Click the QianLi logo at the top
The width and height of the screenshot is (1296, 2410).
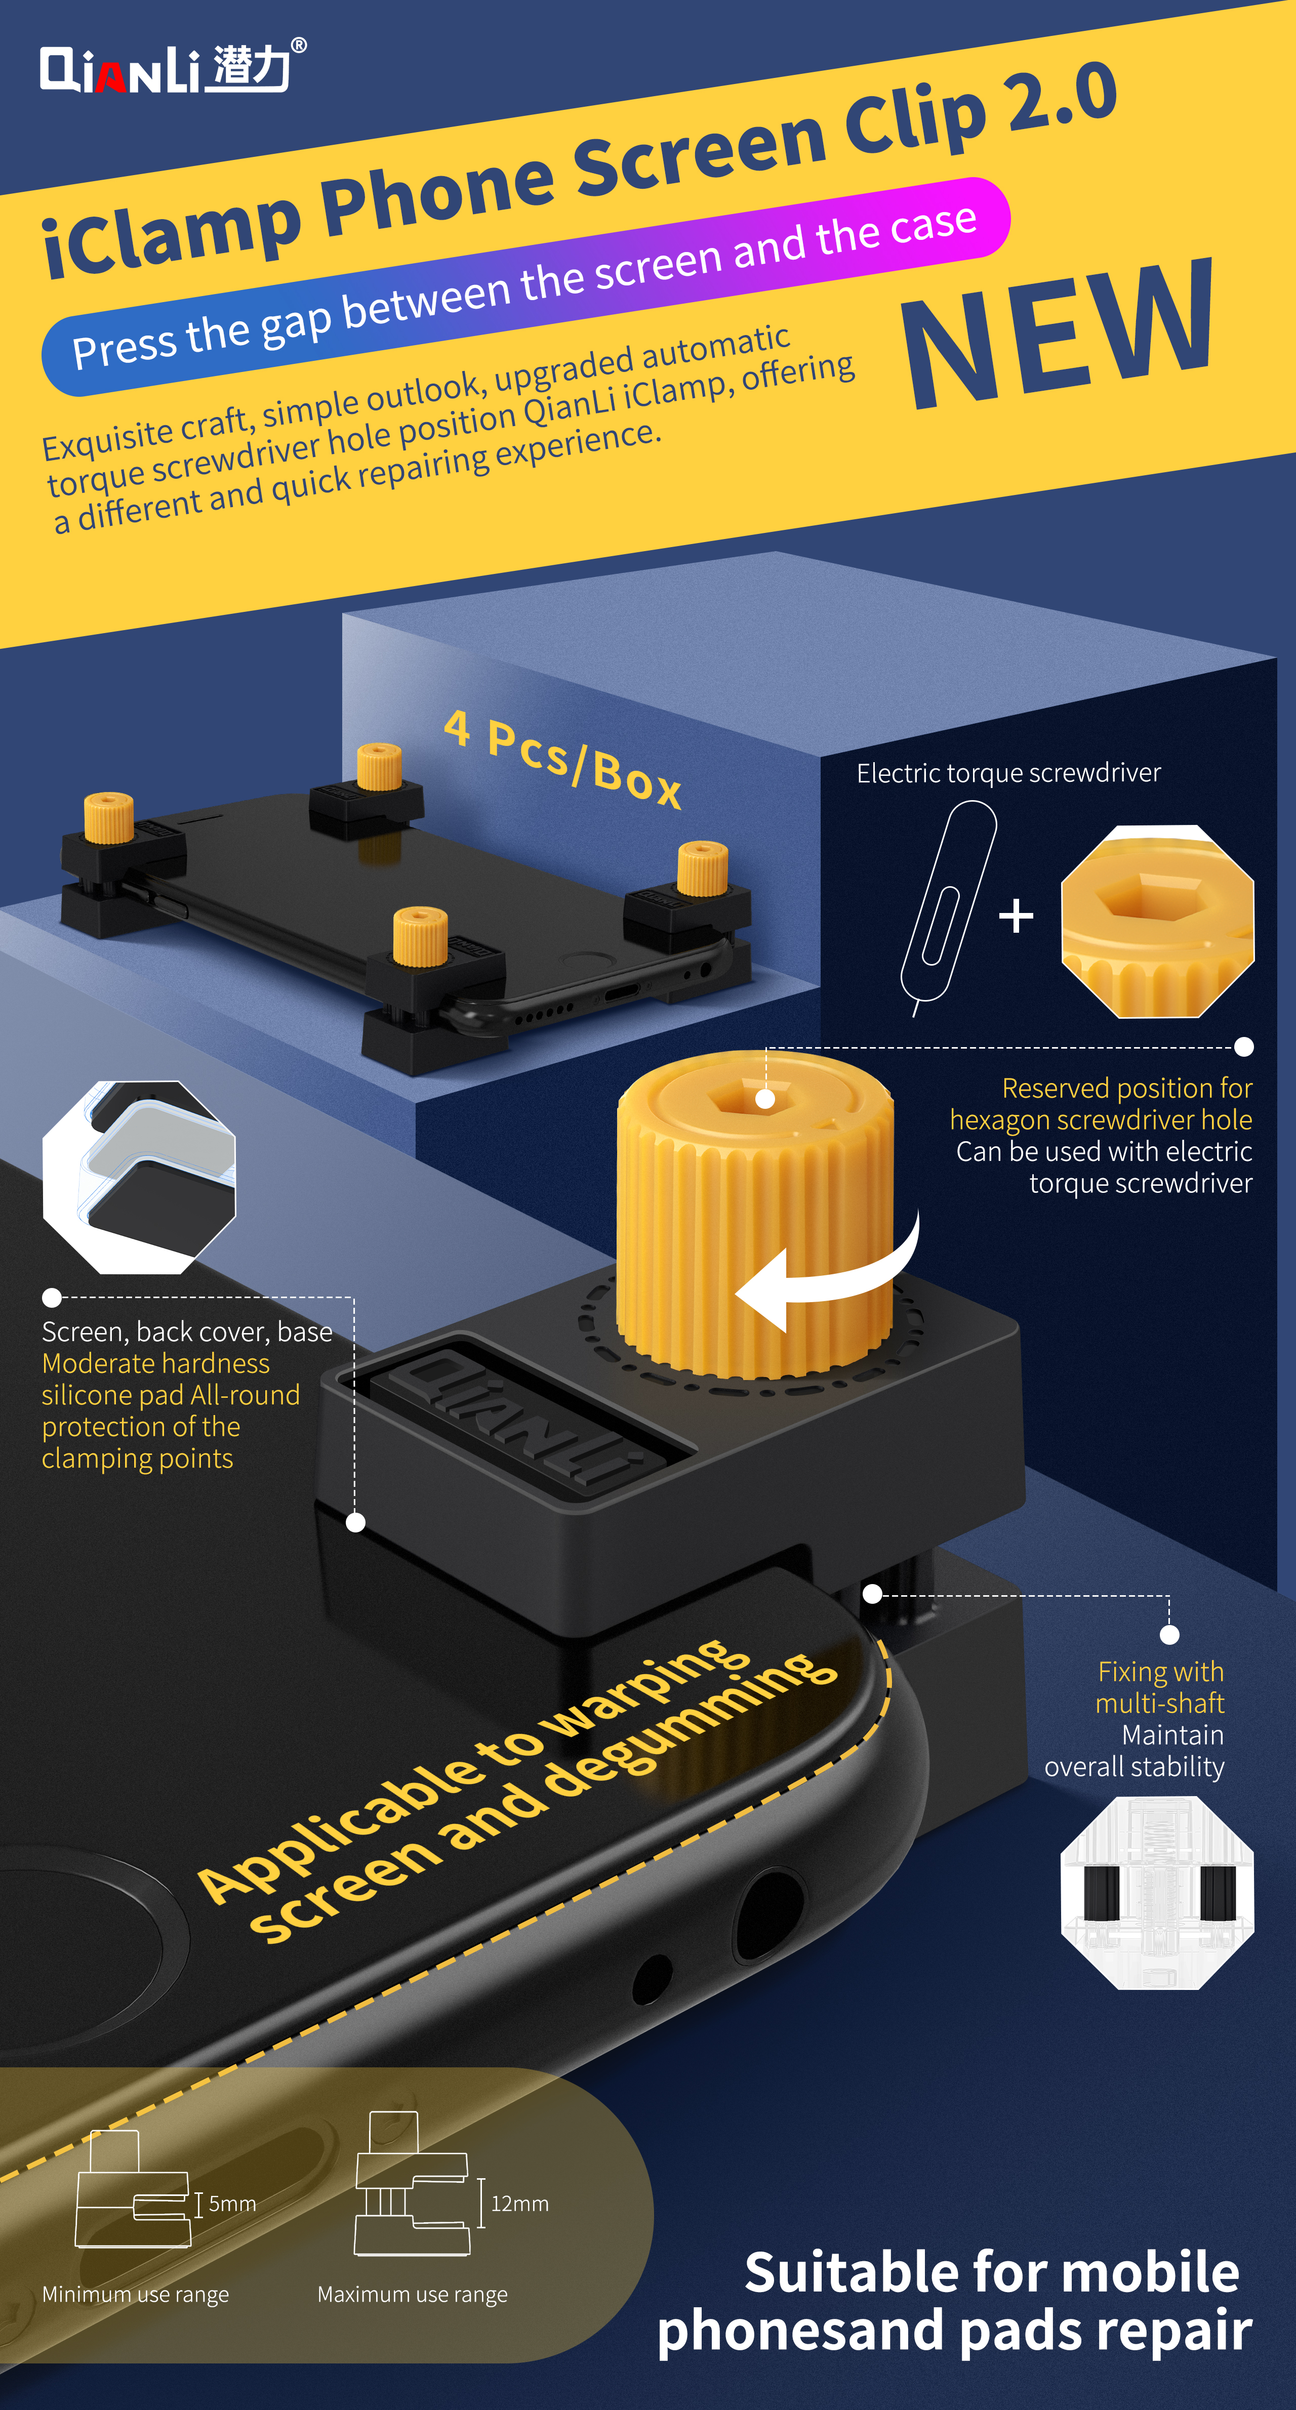coord(172,67)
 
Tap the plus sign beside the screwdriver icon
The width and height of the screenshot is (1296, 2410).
coord(1016,916)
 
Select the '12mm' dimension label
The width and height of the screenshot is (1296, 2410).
coord(519,2203)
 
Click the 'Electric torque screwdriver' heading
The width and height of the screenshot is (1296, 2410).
coord(1009,773)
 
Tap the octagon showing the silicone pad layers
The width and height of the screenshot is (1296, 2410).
coord(139,1177)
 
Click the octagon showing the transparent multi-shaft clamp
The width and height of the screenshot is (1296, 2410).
coord(1157,1893)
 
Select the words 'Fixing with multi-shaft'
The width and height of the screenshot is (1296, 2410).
coord(1160,1687)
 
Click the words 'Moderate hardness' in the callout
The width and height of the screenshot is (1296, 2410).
coord(155,1363)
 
